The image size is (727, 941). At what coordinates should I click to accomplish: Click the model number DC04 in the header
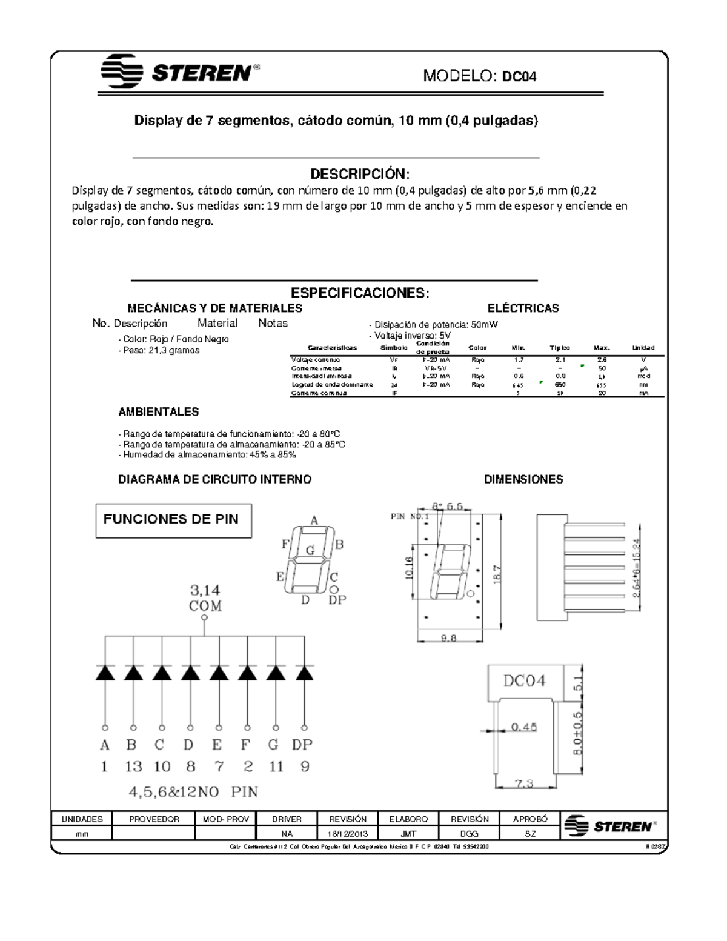tap(519, 76)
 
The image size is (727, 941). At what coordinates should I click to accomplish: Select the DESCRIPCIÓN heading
tap(360, 174)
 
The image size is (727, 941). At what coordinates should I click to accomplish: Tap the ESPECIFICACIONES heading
tap(360, 293)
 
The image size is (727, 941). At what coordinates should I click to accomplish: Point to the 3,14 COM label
tap(205, 598)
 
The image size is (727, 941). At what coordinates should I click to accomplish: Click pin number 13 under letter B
tap(133, 766)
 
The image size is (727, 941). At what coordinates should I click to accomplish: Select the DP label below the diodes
tap(302, 745)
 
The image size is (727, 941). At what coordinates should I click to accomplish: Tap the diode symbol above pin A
tap(105, 673)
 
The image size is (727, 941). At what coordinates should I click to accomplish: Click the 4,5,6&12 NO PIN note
tap(193, 792)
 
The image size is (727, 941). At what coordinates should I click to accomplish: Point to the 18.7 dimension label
tap(497, 574)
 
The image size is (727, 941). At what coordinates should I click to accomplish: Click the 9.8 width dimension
tap(449, 637)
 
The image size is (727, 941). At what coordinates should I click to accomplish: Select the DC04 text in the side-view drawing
tap(525, 680)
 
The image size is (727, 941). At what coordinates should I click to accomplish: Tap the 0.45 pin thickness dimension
tap(523, 727)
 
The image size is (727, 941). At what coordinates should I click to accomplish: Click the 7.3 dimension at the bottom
tap(524, 783)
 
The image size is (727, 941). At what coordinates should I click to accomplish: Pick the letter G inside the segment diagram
tap(310, 551)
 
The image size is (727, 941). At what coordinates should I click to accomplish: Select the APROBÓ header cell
tap(529, 819)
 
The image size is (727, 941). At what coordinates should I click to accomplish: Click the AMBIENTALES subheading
tap(158, 412)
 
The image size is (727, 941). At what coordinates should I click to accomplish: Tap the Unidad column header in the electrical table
tap(643, 348)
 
